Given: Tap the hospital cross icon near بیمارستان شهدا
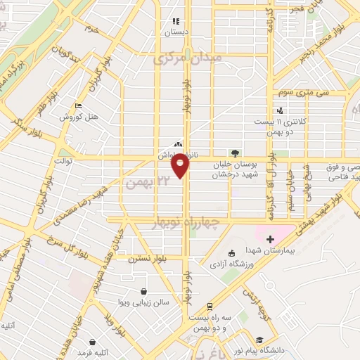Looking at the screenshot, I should [270, 240].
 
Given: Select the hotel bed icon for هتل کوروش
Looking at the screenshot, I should [78, 106].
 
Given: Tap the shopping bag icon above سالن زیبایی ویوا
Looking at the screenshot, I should [143, 291].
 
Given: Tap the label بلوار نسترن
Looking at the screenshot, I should [134, 258].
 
